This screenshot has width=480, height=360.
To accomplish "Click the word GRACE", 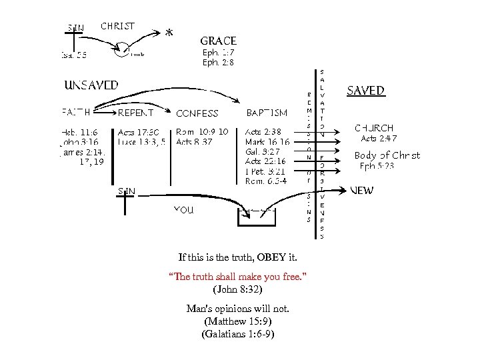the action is (218, 41).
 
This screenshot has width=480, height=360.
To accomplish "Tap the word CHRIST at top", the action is (118, 27).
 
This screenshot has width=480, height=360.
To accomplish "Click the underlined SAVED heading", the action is (365, 91).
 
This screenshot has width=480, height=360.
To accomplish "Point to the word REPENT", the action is (136, 113).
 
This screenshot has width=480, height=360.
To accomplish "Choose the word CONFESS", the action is (197, 113).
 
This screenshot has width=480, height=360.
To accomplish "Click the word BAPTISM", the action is (267, 113).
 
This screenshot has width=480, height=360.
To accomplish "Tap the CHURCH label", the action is (374, 127).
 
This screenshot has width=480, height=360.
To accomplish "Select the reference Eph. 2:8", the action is (218, 63).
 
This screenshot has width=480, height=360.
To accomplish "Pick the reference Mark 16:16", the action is (267, 142).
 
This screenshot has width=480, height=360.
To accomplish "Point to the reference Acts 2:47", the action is (378, 139).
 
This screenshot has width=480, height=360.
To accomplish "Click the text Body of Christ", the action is (387, 155).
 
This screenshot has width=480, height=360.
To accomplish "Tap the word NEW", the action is (362, 190).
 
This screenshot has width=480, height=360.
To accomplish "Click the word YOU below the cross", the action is (183, 209).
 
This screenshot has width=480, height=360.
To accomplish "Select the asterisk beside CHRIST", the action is (169, 31).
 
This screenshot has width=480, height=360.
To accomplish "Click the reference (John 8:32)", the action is (237, 289).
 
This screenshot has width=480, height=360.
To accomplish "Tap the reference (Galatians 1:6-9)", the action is (237, 334).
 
